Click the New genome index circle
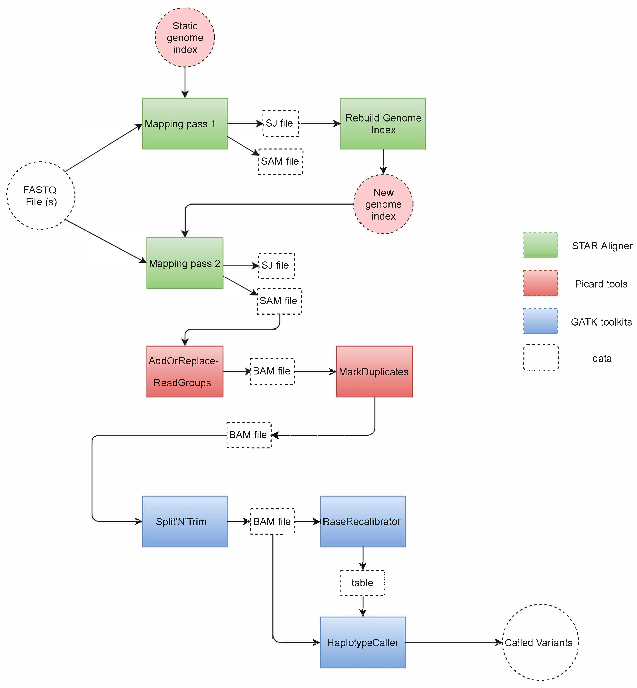(383, 204)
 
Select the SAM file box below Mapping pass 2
(279, 301)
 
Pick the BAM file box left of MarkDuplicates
(272, 371)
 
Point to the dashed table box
(363, 583)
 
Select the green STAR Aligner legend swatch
(540, 245)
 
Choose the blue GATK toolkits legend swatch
(540, 321)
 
